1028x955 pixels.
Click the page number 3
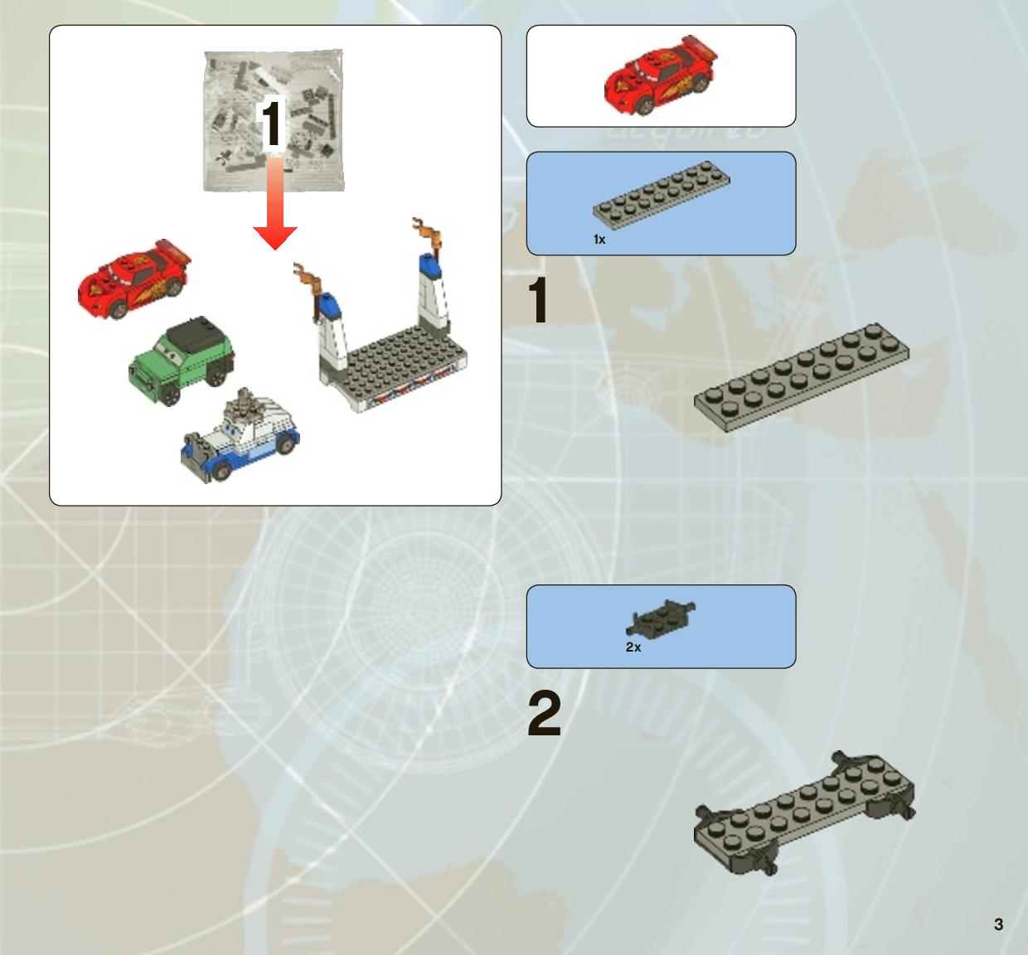point(998,924)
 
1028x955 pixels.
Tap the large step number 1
point(538,300)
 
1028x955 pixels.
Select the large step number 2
point(544,713)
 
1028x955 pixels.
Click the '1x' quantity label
point(599,239)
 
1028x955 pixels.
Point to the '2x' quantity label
point(633,647)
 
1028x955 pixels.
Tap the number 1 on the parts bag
point(271,124)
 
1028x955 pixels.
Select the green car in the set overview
point(182,360)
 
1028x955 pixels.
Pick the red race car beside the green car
point(134,278)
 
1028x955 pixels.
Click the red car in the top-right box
point(661,75)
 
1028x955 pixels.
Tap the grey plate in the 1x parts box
point(661,195)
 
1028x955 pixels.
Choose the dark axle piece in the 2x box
point(661,618)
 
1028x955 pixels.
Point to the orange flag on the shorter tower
point(308,277)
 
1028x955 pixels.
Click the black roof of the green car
point(192,337)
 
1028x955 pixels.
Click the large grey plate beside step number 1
point(802,377)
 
